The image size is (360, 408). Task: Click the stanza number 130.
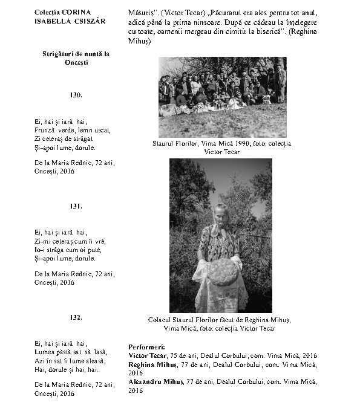[76, 96]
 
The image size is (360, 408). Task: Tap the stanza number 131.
[76, 206]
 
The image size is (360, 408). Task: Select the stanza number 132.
[76, 317]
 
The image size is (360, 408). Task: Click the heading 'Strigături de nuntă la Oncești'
[76, 58]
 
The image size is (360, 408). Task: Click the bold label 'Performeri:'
[147, 347]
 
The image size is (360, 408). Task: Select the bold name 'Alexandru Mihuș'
[154, 382]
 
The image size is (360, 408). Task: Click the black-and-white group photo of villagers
[222, 97]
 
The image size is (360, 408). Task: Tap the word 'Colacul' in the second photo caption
[160, 320]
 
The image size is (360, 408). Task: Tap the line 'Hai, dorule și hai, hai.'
[66, 369]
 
